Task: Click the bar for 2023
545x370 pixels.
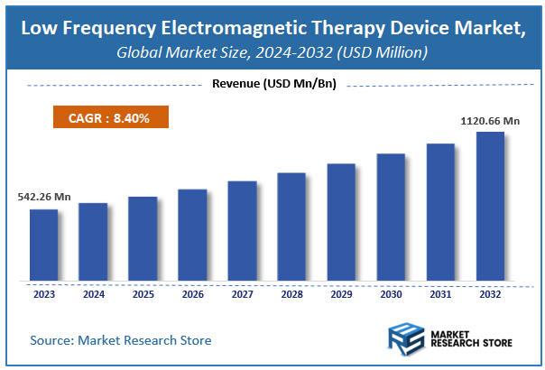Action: (x=43, y=245)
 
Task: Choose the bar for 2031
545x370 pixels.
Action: (x=440, y=212)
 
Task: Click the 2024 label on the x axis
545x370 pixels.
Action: (x=93, y=293)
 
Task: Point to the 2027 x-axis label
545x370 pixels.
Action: (x=242, y=293)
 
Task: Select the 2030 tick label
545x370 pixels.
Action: (x=391, y=293)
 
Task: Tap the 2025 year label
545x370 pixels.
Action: (x=143, y=293)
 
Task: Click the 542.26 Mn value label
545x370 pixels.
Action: (x=43, y=197)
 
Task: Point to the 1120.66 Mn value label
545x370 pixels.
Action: (x=490, y=119)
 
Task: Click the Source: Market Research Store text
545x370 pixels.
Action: (x=120, y=340)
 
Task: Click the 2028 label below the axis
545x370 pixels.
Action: (x=291, y=293)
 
